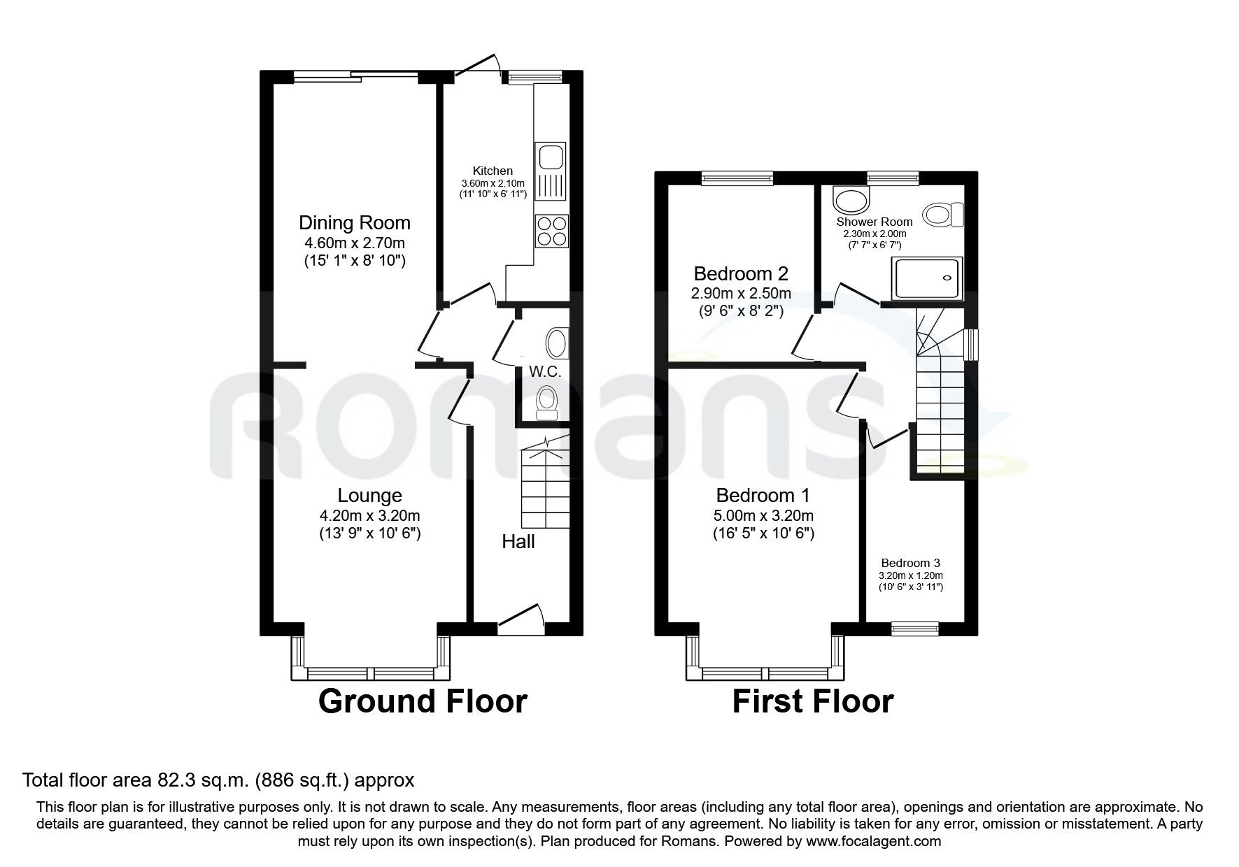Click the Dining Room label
tap(355, 223)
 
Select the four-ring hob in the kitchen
tap(551, 231)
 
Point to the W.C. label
tap(545, 372)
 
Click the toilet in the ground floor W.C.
tap(545, 404)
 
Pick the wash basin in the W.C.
tap(555, 343)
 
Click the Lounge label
tap(369, 496)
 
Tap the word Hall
tap(518, 541)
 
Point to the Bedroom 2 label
tap(741, 273)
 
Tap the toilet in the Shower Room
tap(943, 214)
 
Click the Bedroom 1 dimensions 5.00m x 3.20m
tap(763, 516)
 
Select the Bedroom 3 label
tap(910, 563)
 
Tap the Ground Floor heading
tap(423, 701)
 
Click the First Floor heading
tap(812, 701)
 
